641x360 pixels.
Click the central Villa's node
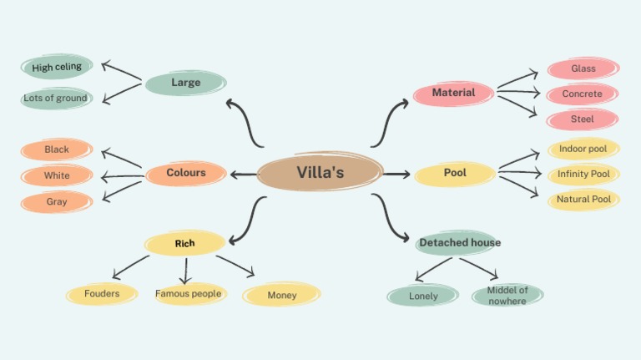320,173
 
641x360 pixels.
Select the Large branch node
185,83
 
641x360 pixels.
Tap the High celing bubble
57,67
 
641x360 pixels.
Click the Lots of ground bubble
56,99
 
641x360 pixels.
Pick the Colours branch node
186,173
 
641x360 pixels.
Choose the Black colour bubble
57,150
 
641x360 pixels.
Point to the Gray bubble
57,202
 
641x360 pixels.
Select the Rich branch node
184,243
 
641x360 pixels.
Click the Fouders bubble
102,294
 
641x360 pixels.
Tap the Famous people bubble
189,294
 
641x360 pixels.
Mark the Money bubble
282,295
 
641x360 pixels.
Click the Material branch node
453,93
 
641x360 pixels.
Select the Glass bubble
583,68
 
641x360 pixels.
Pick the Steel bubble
583,119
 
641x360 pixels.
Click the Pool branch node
455,173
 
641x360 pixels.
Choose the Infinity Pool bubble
583,175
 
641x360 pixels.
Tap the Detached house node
460,243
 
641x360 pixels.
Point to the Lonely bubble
423,296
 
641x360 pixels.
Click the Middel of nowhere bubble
507,295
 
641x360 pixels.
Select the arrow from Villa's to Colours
244,175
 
